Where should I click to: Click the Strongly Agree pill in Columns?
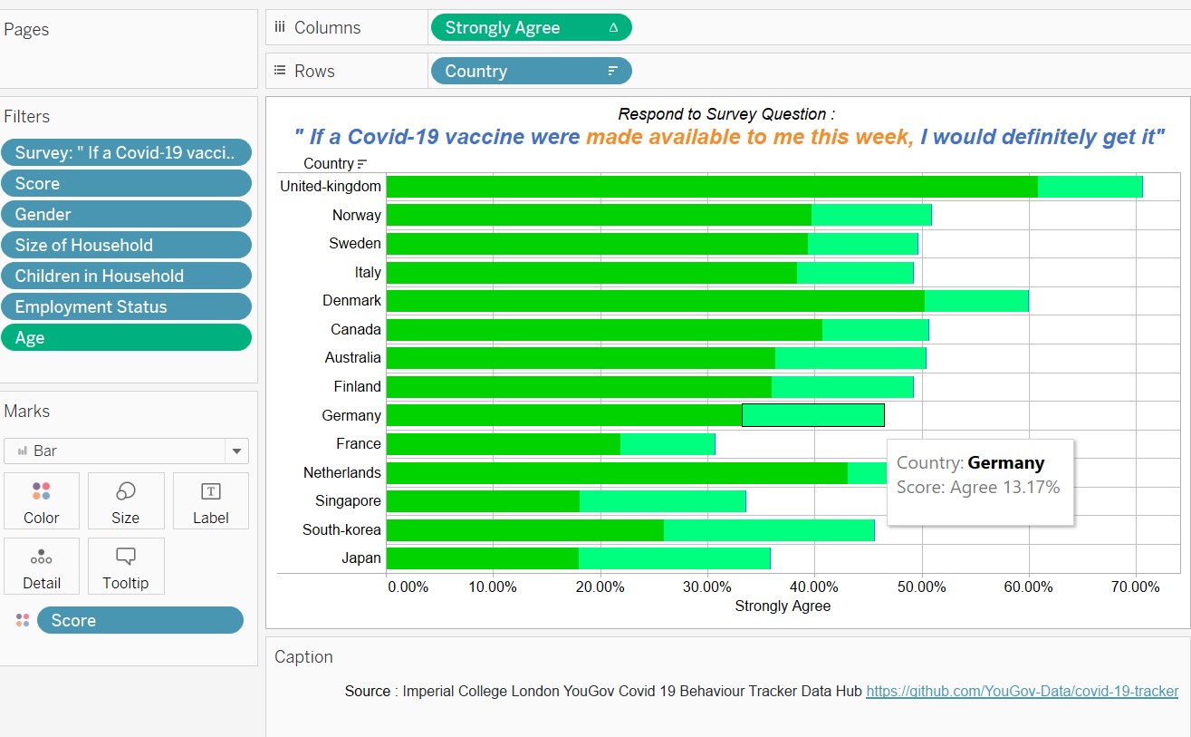point(530,28)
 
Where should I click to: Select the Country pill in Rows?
point(530,72)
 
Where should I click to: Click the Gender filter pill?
point(126,215)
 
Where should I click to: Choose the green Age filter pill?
point(126,338)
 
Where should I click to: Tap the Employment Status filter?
point(126,307)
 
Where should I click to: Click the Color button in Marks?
point(42,501)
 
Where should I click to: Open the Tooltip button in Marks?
point(125,567)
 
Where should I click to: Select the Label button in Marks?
point(210,501)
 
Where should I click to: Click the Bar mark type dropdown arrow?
point(236,451)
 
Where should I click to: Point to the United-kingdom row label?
point(331,187)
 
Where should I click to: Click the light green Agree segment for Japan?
point(674,558)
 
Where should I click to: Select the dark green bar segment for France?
point(503,444)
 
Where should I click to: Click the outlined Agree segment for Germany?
point(812,415)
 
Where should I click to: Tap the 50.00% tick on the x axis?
point(922,587)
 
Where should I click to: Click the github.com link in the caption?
point(1022,692)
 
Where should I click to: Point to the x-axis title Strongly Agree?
point(783,606)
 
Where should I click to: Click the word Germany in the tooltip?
point(1005,463)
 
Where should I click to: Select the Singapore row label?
point(348,501)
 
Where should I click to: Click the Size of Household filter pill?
point(126,246)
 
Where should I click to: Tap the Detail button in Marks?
point(42,567)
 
